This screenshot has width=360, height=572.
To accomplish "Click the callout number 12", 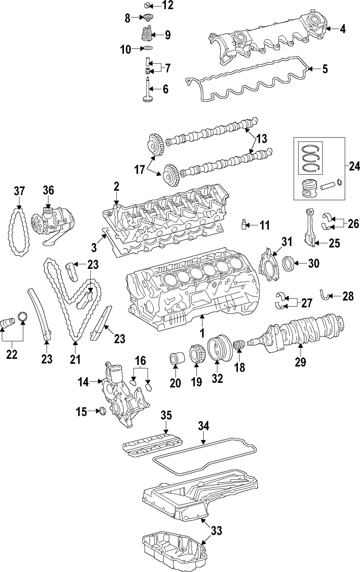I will pos(167,5).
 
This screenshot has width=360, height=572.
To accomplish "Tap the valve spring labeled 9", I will pos(145,35).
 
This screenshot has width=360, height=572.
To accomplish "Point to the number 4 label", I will pos(342,29).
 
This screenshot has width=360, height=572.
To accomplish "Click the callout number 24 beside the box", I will pos(354,166).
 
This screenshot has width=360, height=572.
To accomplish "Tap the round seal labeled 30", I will pos(289,264).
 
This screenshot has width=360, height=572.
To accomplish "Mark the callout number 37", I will pos(20,191).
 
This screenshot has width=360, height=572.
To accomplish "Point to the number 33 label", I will pos(216,530).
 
